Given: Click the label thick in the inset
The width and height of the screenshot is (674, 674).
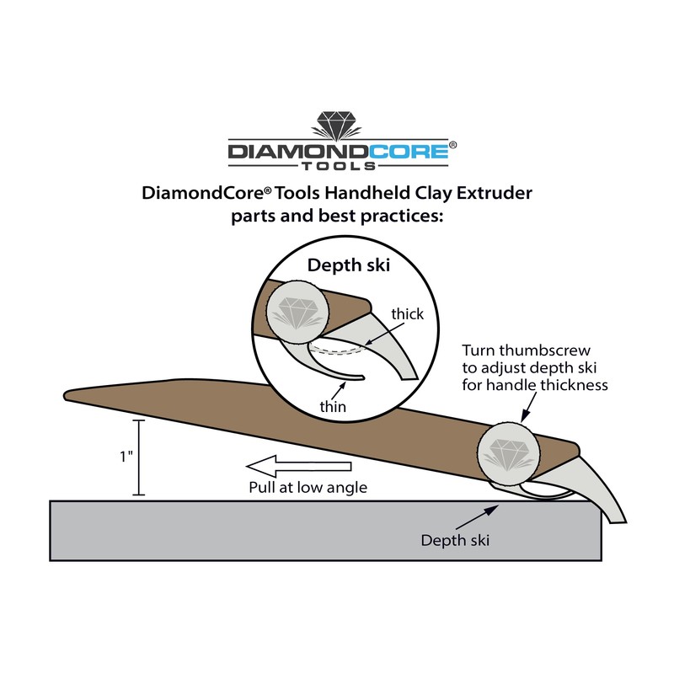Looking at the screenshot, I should (408, 314).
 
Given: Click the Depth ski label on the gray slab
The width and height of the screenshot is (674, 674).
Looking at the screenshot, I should (456, 540).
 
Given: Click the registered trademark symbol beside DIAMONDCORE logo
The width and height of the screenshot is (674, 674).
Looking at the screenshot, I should (453, 145).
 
